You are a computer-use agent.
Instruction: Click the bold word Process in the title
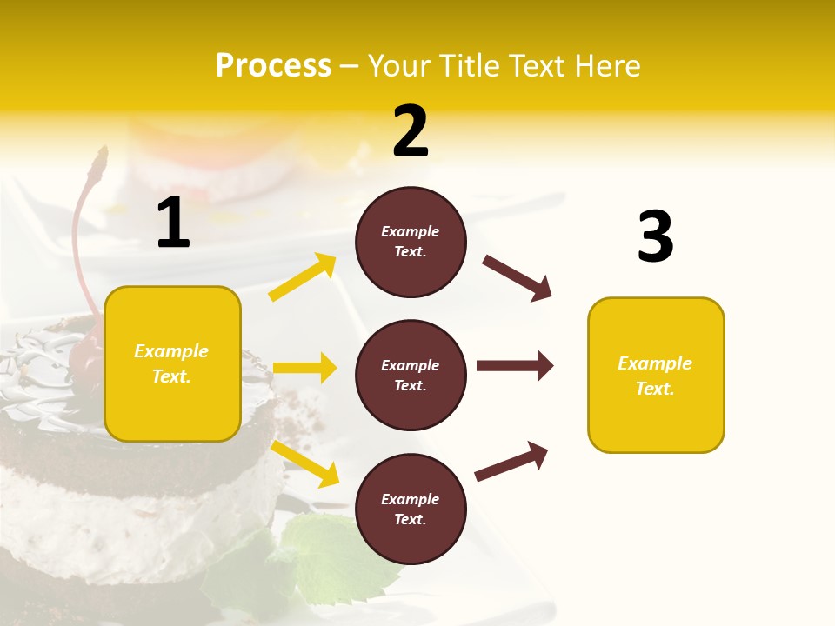pyautogui.click(x=273, y=66)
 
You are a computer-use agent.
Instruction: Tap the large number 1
pyautogui.click(x=173, y=223)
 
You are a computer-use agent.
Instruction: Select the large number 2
pyautogui.click(x=411, y=131)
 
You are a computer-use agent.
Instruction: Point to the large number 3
pyautogui.click(x=655, y=236)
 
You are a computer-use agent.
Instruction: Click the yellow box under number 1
pyautogui.click(x=172, y=363)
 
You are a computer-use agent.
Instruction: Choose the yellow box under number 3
pyautogui.click(x=656, y=375)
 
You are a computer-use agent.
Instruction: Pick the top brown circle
pyautogui.click(x=411, y=242)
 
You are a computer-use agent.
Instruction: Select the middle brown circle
pyautogui.click(x=411, y=375)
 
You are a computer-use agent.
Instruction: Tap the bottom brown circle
pyautogui.click(x=411, y=509)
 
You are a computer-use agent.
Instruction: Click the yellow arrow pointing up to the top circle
pyautogui.click(x=303, y=277)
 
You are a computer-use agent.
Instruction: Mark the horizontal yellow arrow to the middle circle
pyautogui.click(x=304, y=368)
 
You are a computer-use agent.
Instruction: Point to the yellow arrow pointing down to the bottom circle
pyautogui.click(x=304, y=463)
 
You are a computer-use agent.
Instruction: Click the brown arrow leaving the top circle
pyautogui.click(x=517, y=278)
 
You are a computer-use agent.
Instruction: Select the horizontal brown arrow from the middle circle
pyautogui.click(x=514, y=365)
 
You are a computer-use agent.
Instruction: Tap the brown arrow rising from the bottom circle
pyautogui.click(x=511, y=461)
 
